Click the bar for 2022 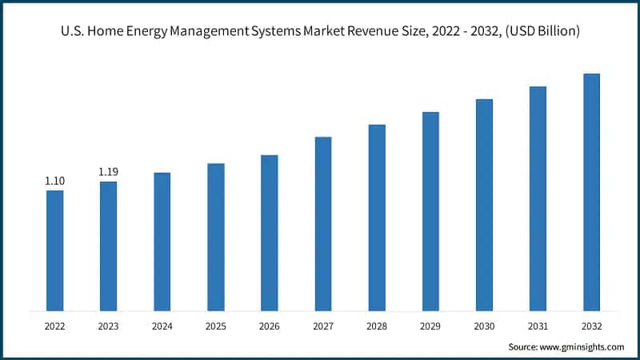(x=54, y=250)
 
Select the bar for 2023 (x=108, y=246)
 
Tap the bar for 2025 (x=215, y=237)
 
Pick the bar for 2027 (x=323, y=223)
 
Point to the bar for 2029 (x=430, y=211)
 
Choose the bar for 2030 (x=484, y=205)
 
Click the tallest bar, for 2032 (x=591, y=192)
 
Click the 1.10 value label (x=54, y=181)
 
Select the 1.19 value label (x=108, y=172)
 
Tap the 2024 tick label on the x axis (x=162, y=326)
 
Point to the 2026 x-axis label (x=269, y=326)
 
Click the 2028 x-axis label (x=377, y=326)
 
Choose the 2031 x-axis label (x=538, y=326)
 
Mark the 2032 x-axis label (x=591, y=326)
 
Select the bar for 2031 (x=538, y=198)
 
